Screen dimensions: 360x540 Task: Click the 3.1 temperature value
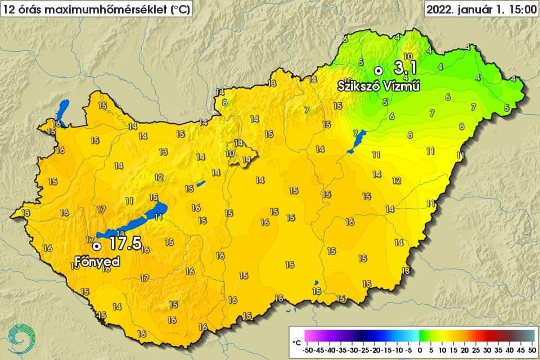pyautogui.click(x=405, y=69)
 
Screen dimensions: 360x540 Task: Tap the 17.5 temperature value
pyautogui.click(x=125, y=244)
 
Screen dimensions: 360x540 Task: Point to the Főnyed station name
pyautogui.click(x=97, y=262)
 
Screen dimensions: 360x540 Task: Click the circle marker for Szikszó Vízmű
pyautogui.click(x=379, y=70)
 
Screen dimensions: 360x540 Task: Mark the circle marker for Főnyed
pyautogui.click(x=97, y=246)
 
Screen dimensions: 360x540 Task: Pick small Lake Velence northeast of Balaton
pyautogui.click(x=201, y=183)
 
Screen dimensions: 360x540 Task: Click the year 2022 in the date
pyautogui.click(x=439, y=10)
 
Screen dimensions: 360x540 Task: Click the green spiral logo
pyautogui.click(x=22, y=340)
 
